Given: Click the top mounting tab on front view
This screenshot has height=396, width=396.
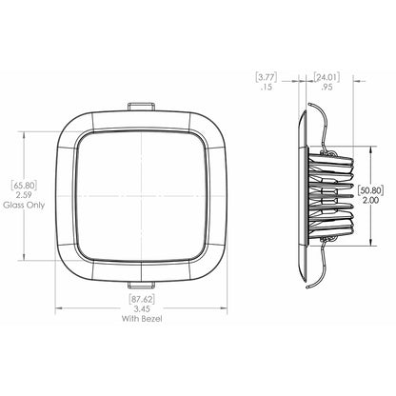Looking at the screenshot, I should click(x=142, y=102).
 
